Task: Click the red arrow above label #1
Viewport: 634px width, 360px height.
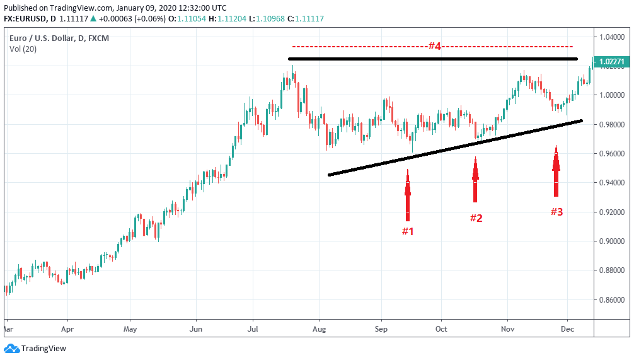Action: coord(408,195)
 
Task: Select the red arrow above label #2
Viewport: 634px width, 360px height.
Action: coord(476,180)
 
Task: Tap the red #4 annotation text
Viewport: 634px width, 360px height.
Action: coord(434,46)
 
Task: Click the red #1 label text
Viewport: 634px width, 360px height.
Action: coord(408,231)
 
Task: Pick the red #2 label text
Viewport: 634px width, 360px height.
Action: coord(476,218)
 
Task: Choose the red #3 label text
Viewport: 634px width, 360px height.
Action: coord(556,212)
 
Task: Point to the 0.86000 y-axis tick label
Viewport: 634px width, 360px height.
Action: coord(613,299)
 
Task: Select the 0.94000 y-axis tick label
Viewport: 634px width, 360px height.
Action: coord(613,183)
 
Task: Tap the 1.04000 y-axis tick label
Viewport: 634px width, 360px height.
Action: coord(613,37)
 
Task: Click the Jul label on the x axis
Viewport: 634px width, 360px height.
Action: coord(253,329)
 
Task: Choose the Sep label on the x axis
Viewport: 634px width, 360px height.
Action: coord(380,329)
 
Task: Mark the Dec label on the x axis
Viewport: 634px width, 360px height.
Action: coord(567,329)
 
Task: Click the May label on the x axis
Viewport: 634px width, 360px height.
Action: coord(130,329)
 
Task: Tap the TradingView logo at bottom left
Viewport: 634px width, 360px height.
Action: coord(35,349)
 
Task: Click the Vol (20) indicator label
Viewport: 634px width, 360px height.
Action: coord(23,49)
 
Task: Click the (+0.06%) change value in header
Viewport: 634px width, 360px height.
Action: coord(151,19)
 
